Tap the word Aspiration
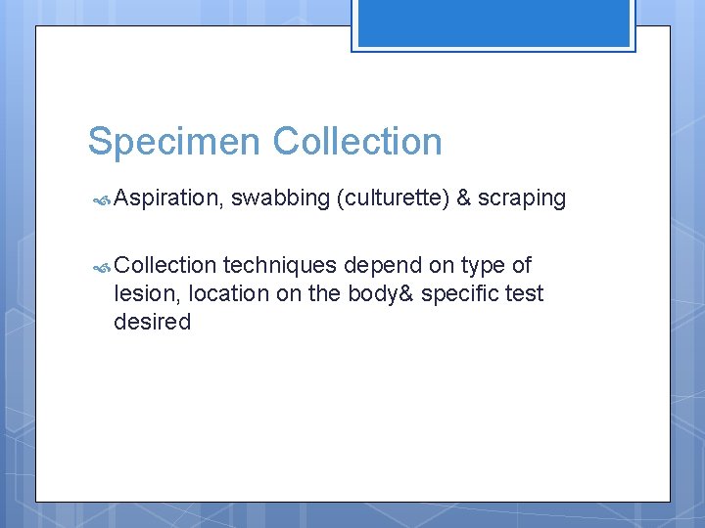coord(169,198)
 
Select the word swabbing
coord(280,198)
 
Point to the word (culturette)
coord(393,198)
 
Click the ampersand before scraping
coord(464,198)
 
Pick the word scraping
coord(522,198)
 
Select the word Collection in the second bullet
coord(164,265)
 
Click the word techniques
coord(280,265)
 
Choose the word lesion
coord(146,293)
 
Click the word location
coord(231,293)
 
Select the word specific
coord(458,293)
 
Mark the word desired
coord(153,322)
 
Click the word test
coord(524,293)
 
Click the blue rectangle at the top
coord(493,23)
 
